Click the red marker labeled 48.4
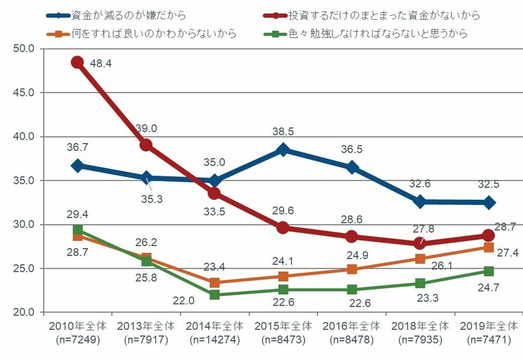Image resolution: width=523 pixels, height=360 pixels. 77,63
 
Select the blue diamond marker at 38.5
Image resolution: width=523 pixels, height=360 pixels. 283,150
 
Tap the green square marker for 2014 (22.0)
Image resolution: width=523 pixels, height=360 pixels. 215,294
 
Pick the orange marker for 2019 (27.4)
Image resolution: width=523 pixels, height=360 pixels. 489,247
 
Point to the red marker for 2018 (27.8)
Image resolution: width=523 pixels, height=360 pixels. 420,243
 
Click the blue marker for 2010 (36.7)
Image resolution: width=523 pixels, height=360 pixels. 77,165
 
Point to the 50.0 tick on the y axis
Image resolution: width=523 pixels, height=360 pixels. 23,49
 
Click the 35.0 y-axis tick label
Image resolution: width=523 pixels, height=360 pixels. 23,180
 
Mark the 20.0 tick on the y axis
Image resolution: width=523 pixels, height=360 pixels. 23,313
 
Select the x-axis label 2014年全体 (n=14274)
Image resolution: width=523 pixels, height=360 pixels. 215,332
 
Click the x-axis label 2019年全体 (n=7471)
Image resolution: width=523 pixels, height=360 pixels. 489,332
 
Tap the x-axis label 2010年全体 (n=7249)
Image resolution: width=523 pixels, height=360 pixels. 77,332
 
